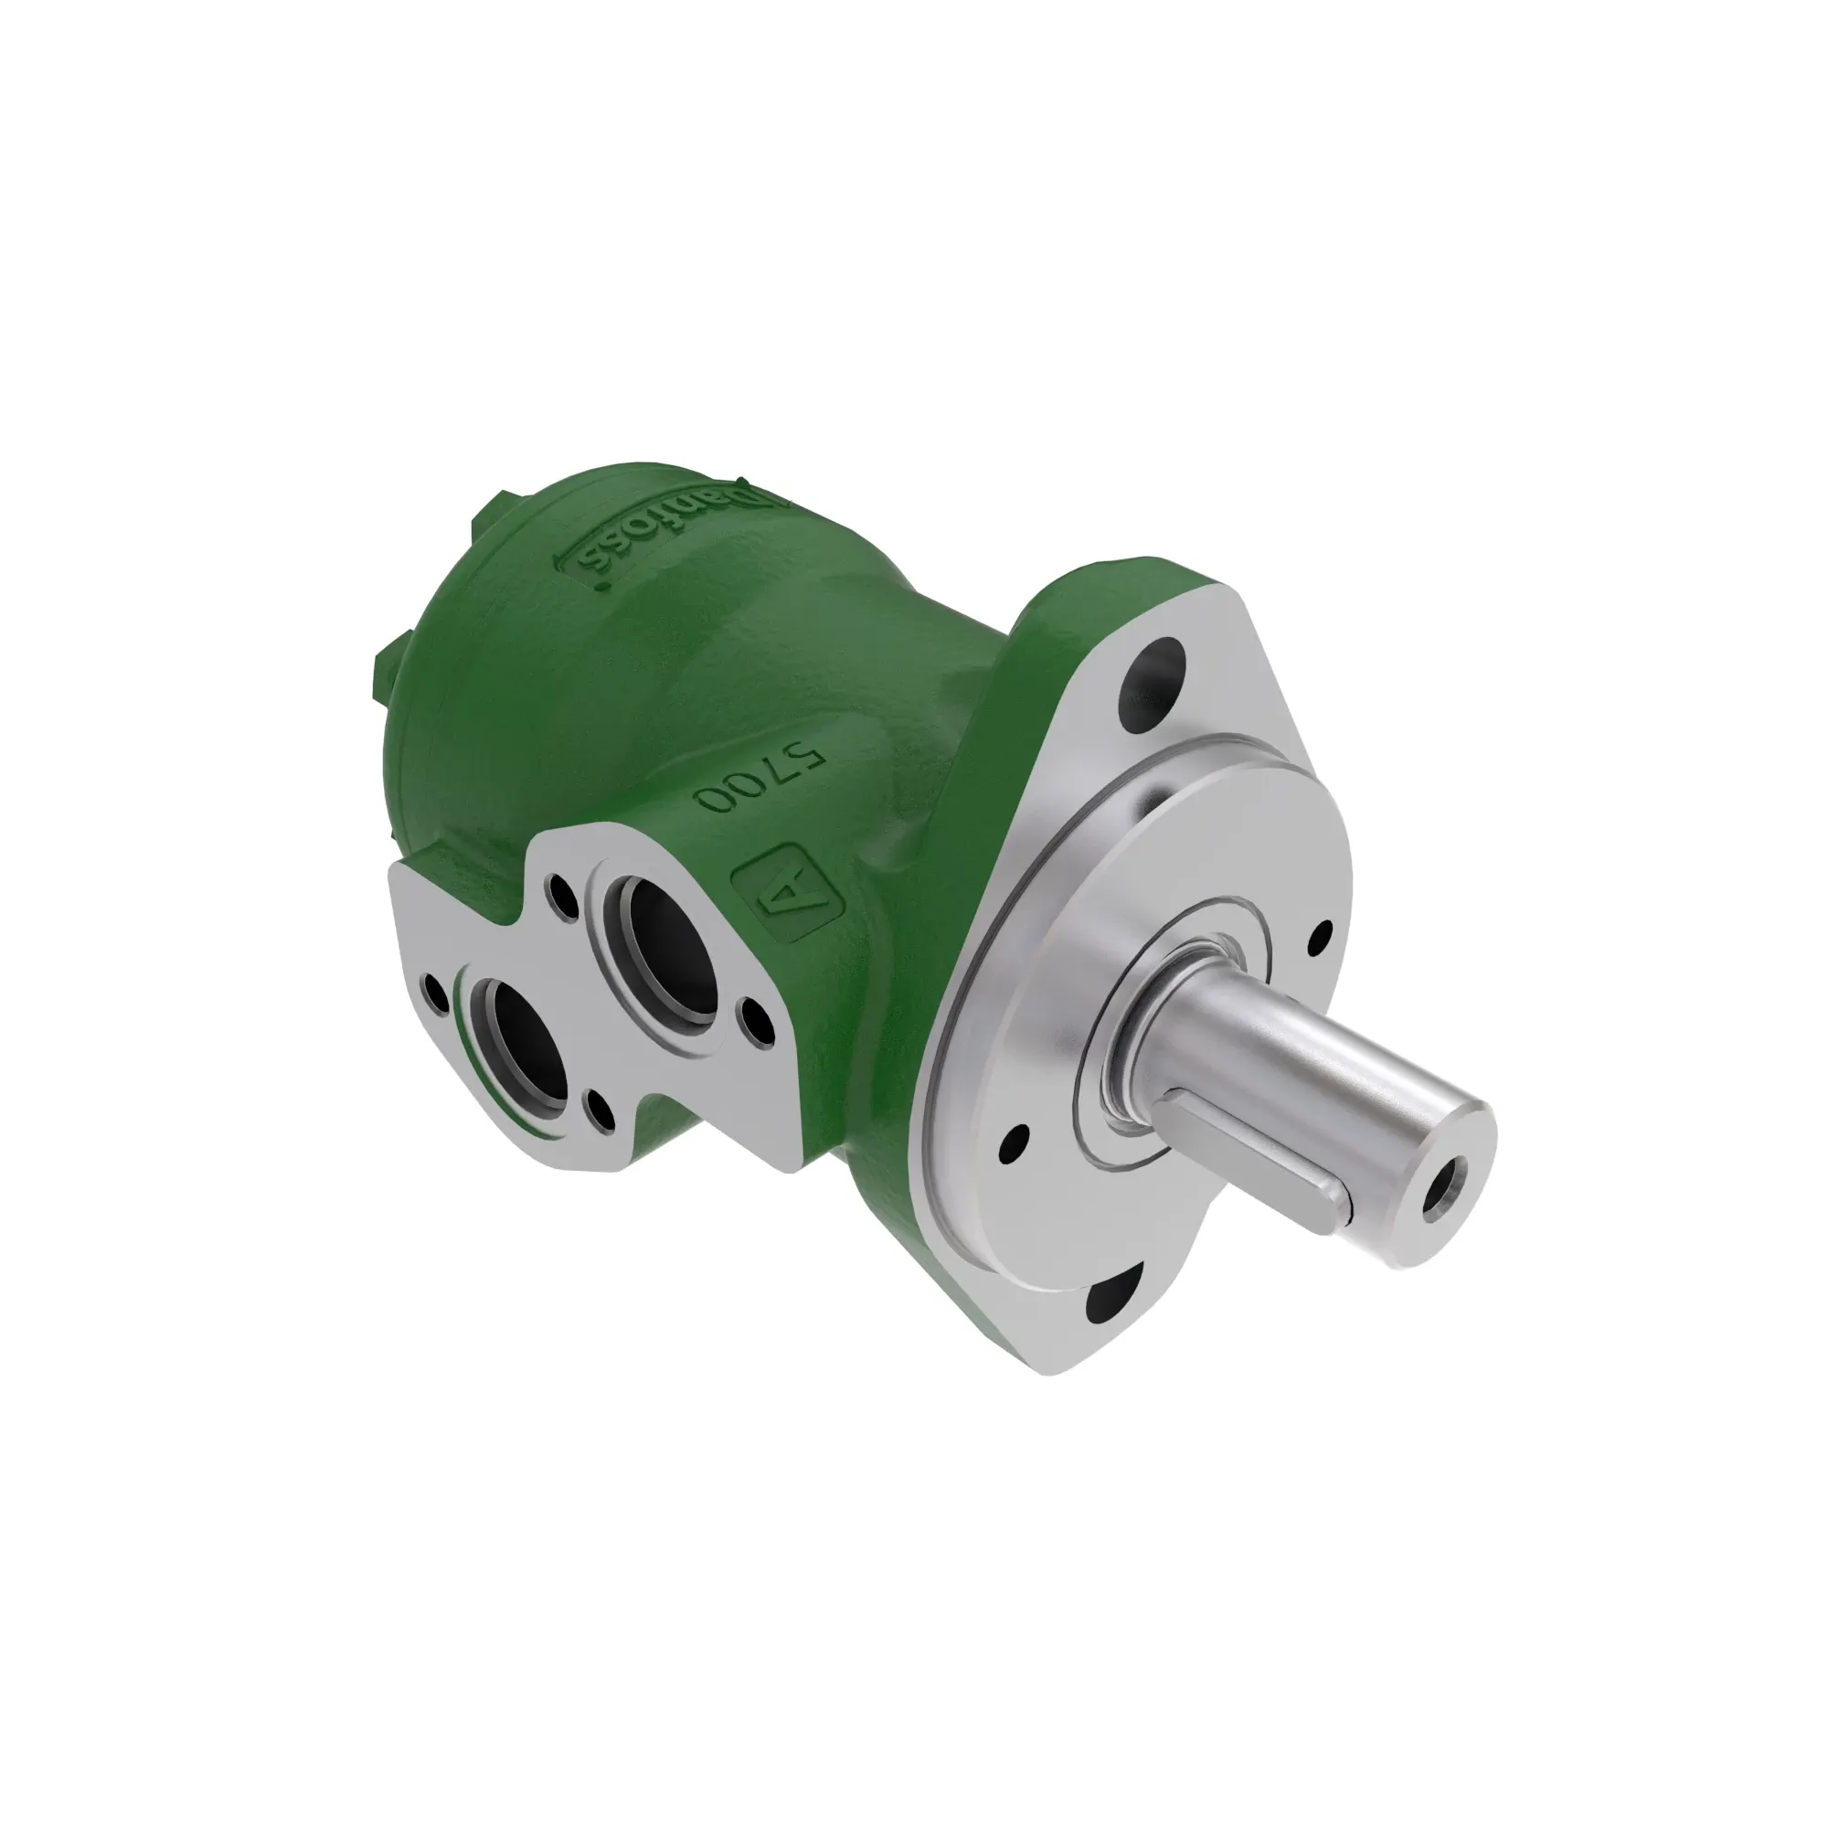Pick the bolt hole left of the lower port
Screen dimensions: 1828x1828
[x=437, y=994]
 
